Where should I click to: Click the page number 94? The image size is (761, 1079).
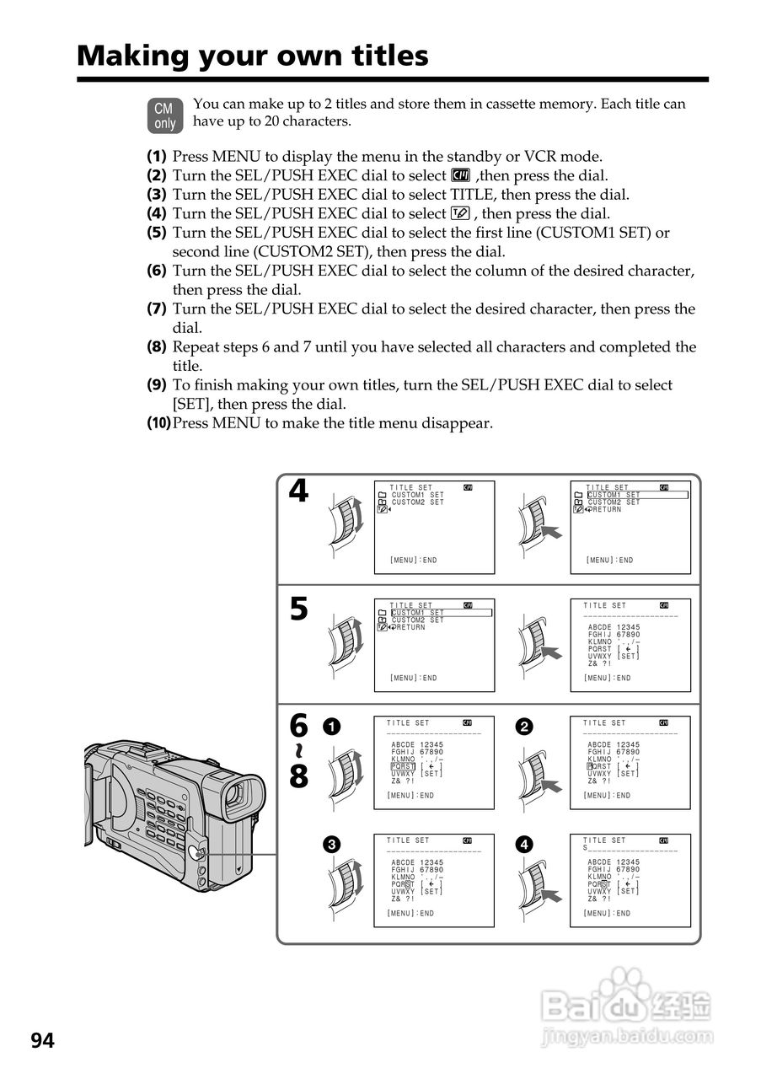[43, 1042]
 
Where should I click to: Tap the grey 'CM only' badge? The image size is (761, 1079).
[164, 116]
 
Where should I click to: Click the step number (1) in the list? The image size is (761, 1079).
[156, 157]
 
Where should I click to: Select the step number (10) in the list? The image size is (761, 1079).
[158, 423]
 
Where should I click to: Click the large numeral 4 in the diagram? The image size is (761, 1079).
[298, 491]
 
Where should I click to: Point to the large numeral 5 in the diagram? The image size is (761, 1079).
[298, 609]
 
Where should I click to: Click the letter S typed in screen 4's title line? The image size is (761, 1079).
[585, 848]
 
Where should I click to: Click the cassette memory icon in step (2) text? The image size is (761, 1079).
[460, 175]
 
